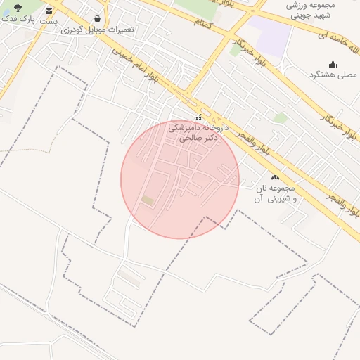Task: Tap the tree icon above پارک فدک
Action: click(x=18, y=8)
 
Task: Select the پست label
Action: click(x=49, y=22)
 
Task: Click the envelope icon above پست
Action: click(x=49, y=11)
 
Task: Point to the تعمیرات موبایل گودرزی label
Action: click(x=97, y=30)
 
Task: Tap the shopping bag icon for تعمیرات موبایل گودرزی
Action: click(x=96, y=19)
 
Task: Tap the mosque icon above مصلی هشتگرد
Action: click(x=333, y=64)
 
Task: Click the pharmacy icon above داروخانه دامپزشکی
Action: click(x=199, y=117)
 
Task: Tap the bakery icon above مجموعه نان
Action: click(x=274, y=179)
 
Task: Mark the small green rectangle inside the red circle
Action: click(x=148, y=200)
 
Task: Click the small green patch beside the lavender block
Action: click(x=235, y=50)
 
